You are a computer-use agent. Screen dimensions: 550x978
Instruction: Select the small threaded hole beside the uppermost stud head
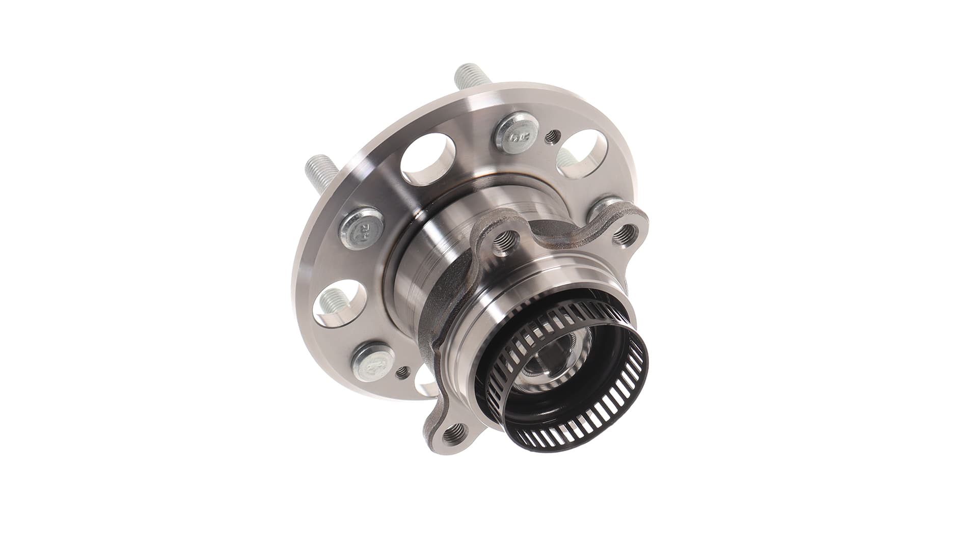point(552,136)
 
